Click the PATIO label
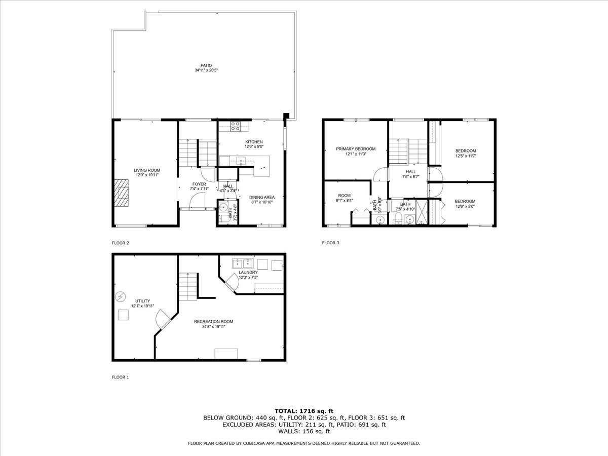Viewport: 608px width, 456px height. [206, 65]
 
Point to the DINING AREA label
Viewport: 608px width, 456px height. [261, 197]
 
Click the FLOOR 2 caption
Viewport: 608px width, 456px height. [121, 243]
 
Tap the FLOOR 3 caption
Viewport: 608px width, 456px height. [331, 243]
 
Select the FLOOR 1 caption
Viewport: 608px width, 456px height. [121, 377]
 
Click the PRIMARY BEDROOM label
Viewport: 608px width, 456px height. [356, 149]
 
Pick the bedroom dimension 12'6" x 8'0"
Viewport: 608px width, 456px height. [465, 206]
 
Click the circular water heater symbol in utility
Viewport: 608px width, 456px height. [121, 296]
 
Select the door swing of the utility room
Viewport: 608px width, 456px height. [164, 319]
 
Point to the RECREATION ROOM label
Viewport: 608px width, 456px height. [213, 321]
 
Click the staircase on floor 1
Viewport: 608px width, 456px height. [187, 286]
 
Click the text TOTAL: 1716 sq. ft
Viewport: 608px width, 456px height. [304, 410]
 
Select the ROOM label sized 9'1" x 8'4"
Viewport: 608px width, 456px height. [345, 195]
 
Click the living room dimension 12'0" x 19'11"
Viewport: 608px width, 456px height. [147, 175]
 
